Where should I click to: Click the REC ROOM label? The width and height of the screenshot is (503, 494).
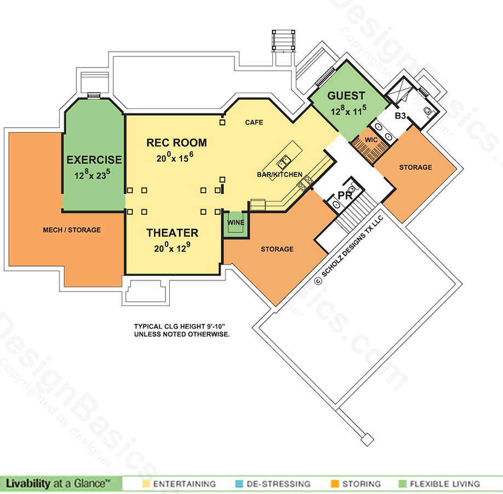176,143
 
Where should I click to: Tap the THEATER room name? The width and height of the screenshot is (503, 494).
172,233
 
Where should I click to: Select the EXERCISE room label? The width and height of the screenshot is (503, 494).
94,160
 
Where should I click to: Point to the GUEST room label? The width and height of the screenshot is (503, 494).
346,96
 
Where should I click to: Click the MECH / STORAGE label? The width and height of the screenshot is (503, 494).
72,230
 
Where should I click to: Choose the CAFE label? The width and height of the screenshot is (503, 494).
254,123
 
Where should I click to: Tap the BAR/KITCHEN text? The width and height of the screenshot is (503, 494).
280,175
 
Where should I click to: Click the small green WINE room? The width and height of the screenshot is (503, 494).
236,225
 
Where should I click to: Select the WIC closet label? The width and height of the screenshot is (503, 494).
371,140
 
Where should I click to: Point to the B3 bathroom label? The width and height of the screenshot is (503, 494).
401,116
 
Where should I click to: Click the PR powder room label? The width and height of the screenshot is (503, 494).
345,196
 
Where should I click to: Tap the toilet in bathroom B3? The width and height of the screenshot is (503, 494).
428,111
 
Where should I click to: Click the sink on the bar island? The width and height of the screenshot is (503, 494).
284,162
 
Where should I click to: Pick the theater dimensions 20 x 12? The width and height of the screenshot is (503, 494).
172,248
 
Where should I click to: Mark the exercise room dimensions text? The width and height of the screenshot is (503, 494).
93,174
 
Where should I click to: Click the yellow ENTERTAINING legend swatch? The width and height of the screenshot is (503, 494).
146,484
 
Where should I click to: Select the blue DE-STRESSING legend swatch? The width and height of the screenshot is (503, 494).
239,484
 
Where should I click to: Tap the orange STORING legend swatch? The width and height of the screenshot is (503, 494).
335,484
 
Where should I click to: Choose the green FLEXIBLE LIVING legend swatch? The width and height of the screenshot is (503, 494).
402,484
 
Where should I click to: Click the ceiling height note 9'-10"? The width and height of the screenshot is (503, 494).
216,326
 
